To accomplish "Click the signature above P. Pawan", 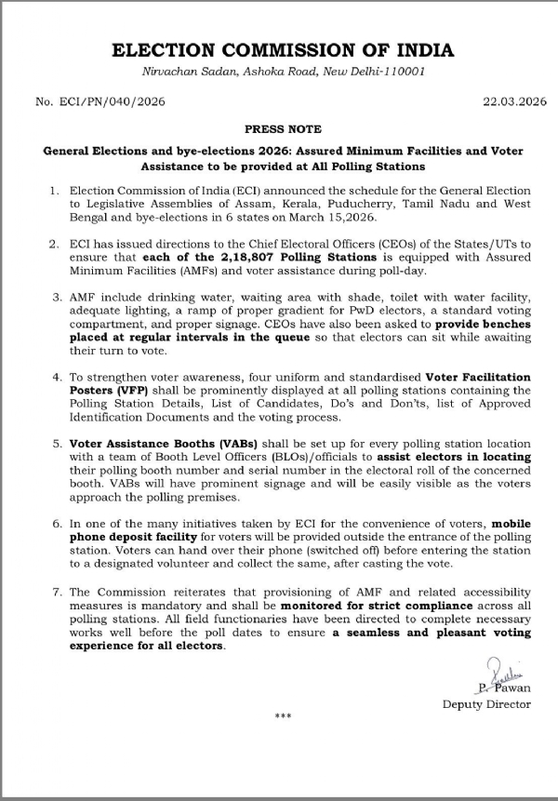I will point(498,670).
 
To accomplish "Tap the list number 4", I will point(55,377).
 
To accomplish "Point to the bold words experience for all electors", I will point(147,671).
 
